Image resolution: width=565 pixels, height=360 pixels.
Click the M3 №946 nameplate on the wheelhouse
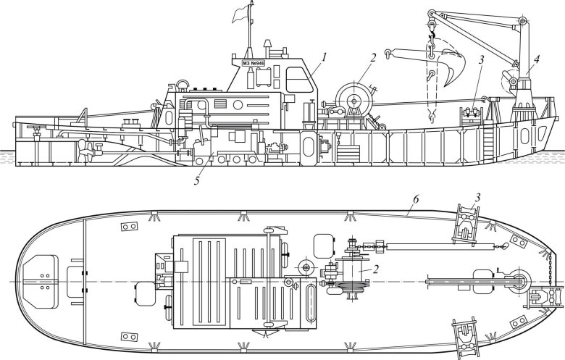tap(253, 63)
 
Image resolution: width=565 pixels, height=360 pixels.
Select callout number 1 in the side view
tap(325, 56)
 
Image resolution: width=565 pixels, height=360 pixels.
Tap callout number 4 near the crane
tap(537, 60)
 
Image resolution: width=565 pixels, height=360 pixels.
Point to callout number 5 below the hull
tap(197, 180)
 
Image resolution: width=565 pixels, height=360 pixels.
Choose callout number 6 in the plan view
tap(415, 200)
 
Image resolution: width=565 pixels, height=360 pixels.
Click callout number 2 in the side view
tap(372, 57)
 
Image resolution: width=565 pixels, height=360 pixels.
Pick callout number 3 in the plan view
tap(477, 197)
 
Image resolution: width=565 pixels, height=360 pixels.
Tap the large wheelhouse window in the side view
tap(298, 80)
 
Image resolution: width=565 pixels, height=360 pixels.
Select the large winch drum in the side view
tap(354, 101)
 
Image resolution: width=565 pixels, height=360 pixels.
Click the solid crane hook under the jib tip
tap(432, 36)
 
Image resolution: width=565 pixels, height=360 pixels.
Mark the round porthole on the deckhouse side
tap(238, 105)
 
